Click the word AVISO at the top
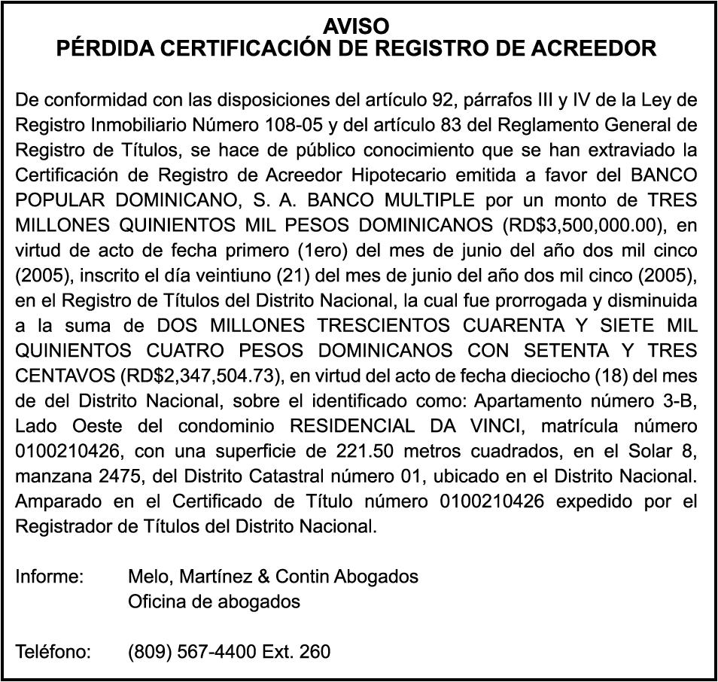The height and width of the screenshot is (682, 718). tap(356, 27)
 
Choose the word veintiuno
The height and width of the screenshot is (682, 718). tap(254, 275)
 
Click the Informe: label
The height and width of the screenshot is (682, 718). tap(50, 577)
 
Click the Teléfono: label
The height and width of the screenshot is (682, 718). tap(53, 651)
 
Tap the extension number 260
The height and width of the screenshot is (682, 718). tap(315, 651)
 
